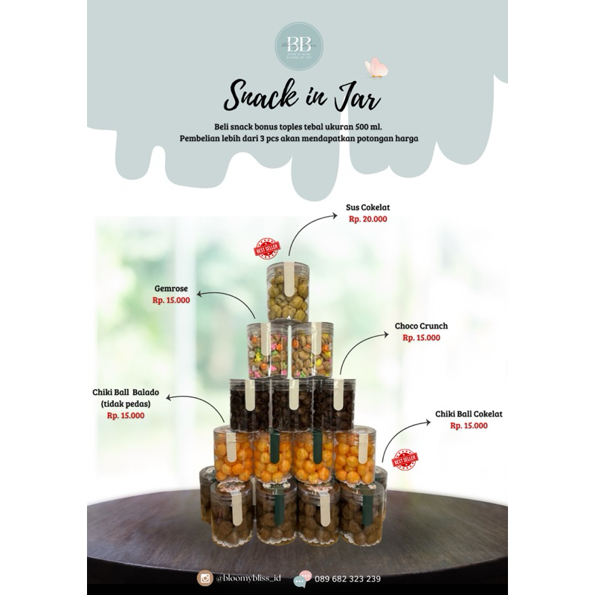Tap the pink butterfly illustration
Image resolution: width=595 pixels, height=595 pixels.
click(377, 68)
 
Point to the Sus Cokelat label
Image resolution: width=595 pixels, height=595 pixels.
click(367, 208)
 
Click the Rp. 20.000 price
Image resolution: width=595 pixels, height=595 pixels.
click(367, 219)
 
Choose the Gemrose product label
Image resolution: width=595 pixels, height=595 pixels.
click(171, 288)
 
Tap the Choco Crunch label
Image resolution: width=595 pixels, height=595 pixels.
click(421, 326)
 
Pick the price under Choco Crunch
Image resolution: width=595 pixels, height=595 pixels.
click(421, 338)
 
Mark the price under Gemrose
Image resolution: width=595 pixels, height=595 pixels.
click(171, 300)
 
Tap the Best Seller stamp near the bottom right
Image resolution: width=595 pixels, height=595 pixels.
click(405, 460)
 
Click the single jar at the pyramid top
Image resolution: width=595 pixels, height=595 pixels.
click(288, 292)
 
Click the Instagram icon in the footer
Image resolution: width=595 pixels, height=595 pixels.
click(205, 578)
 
